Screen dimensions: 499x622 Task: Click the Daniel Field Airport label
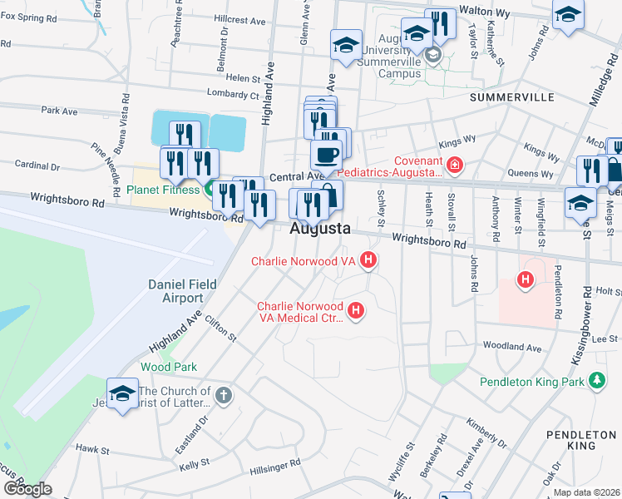click(182, 291)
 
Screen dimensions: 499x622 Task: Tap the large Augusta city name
click(320, 229)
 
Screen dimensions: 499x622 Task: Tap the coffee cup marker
click(325, 154)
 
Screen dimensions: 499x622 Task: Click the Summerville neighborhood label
click(511, 97)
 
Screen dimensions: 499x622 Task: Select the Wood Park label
click(169, 367)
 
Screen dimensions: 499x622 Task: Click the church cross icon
click(222, 396)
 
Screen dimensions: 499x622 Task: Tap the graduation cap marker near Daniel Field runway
click(122, 393)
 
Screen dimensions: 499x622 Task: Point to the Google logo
click(27, 489)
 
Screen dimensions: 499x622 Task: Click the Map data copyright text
click(586, 492)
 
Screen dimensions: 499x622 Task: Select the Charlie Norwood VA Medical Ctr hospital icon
click(356, 311)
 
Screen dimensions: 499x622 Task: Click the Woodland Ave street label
click(511, 346)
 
